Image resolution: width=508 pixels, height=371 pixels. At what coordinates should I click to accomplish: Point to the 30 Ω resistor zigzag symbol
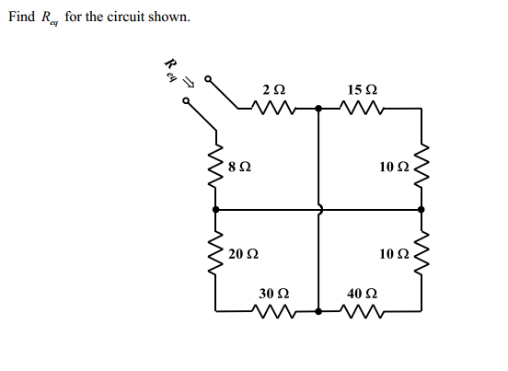pyautogui.click(x=273, y=310)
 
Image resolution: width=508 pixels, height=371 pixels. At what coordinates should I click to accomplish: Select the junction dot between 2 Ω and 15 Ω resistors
pyautogui.click(x=318, y=110)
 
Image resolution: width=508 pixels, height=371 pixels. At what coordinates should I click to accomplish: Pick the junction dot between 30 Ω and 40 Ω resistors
pyautogui.click(x=318, y=310)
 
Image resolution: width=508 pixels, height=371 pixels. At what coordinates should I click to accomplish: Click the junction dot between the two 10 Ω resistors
pyautogui.click(x=422, y=210)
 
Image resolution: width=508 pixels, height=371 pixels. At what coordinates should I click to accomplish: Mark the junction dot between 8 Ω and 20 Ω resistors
pyautogui.click(x=217, y=210)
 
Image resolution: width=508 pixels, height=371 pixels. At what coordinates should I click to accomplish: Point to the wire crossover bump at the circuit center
pyautogui.click(x=319, y=210)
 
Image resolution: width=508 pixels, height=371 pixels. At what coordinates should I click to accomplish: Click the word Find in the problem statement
pyautogui.click(x=21, y=17)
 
